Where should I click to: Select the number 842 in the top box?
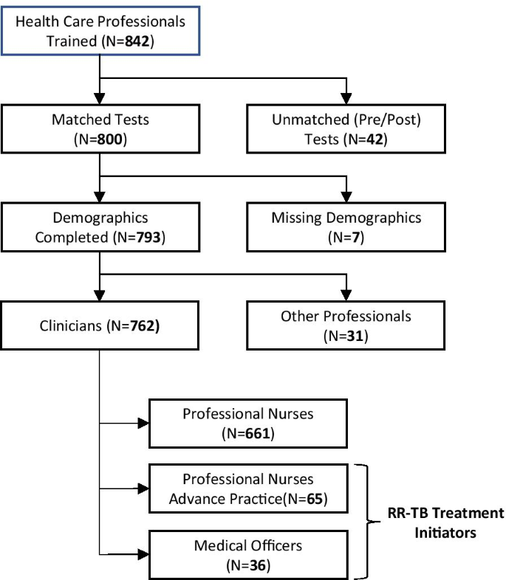pyautogui.click(x=139, y=40)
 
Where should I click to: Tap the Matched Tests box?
pyautogui.click(x=100, y=128)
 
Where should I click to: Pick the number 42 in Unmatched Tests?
pyautogui.click(x=380, y=138)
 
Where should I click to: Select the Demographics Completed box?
pyautogui.click(x=100, y=227)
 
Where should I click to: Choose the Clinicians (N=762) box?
pyautogui.click(x=100, y=325)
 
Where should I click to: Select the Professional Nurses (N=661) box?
pyautogui.click(x=248, y=424)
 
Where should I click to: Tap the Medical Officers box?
pyautogui.click(x=248, y=555)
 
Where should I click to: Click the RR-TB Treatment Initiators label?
pyautogui.click(x=446, y=521)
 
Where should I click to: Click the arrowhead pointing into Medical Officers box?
pyautogui.click(x=143, y=555)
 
